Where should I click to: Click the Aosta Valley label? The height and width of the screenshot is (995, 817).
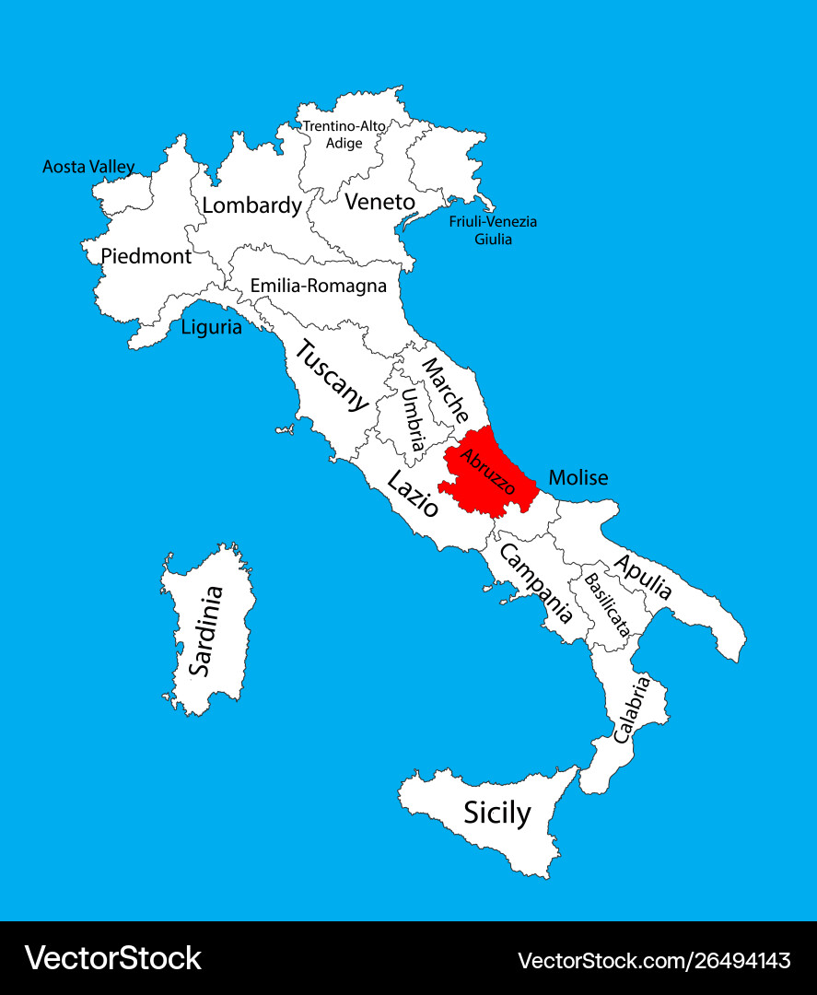click(88, 168)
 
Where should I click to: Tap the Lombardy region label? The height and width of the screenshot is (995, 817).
click(251, 205)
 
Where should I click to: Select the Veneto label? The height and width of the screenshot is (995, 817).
click(379, 202)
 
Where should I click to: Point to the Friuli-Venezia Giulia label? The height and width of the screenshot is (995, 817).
click(493, 230)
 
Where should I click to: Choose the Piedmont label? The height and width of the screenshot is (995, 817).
click(146, 256)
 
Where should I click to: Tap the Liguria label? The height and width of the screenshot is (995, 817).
click(211, 326)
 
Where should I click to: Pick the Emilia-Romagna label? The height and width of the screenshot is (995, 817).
click(318, 286)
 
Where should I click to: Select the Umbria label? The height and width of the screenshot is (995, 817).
click(413, 419)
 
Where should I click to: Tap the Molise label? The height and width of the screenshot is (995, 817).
click(578, 478)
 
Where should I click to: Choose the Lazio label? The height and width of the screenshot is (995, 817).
click(412, 494)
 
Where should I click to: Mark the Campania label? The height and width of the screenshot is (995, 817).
click(536, 582)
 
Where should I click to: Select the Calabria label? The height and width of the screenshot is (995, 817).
click(632, 709)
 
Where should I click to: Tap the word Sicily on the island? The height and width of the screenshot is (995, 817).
click(496, 814)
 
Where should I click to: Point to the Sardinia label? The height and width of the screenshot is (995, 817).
click(204, 631)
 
